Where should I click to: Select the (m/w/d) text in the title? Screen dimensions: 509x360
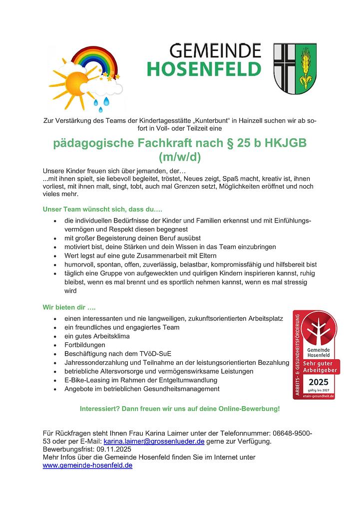click(x=180, y=158)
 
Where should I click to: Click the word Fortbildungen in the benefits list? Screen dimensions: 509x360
click(x=85, y=345)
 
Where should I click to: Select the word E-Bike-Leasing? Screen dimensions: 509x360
click(x=90, y=380)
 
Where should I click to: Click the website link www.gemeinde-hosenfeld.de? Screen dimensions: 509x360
click(x=87, y=465)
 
